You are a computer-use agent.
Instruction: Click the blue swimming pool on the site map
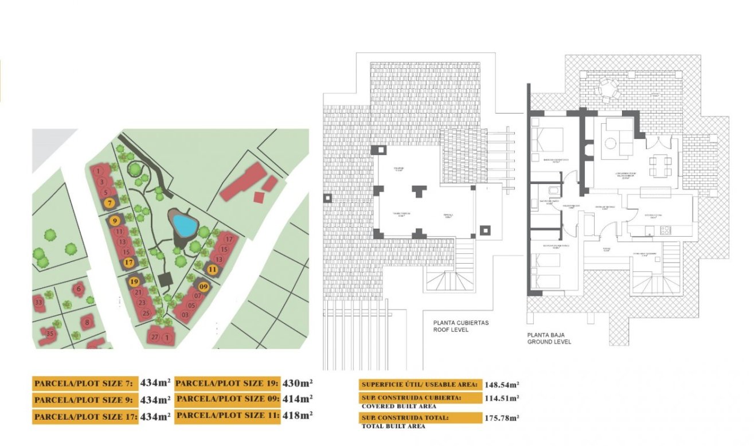click(x=184, y=225)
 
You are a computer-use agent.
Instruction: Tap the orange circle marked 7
click(x=110, y=202)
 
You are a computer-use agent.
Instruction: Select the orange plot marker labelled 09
click(x=203, y=285)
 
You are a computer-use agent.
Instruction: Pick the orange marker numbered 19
click(x=134, y=281)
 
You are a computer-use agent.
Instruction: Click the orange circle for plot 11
click(x=213, y=268)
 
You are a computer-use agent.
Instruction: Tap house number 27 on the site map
click(x=155, y=337)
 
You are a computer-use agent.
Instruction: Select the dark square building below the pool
click(x=166, y=280)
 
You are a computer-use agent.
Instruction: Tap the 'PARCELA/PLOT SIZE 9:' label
click(x=84, y=400)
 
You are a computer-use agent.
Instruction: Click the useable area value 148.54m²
click(x=502, y=385)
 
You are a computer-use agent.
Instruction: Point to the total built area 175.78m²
click(x=502, y=418)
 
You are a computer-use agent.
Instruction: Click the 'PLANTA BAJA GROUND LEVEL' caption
click(x=549, y=338)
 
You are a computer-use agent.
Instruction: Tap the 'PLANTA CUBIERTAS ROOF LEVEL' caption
click(x=461, y=326)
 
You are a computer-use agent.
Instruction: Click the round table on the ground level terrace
click(x=607, y=89)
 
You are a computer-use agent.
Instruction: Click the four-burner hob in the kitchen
click(x=666, y=230)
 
